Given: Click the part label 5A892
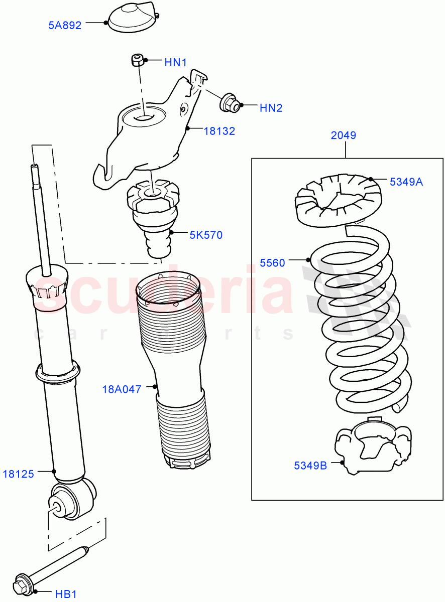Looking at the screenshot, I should pyautogui.click(x=64, y=25).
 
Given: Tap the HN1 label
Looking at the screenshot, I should pyautogui.click(x=175, y=63).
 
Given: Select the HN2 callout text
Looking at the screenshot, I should pyautogui.click(x=271, y=107).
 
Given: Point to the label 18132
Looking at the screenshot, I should pyautogui.click(x=219, y=131).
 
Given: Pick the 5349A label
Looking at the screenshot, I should pyautogui.click(x=406, y=182).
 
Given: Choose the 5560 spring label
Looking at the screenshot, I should pyautogui.click(x=272, y=262).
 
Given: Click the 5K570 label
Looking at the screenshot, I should pyautogui.click(x=205, y=235).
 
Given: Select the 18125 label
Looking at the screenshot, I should pyautogui.click(x=18, y=474).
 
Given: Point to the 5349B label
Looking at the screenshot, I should pyautogui.click(x=310, y=466).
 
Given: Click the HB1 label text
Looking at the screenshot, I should pyautogui.click(x=65, y=594).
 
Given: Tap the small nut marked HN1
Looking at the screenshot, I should pyautogui.click(x=137, y=60).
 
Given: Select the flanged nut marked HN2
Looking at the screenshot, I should pyautogui.click(x=229, y=103).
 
